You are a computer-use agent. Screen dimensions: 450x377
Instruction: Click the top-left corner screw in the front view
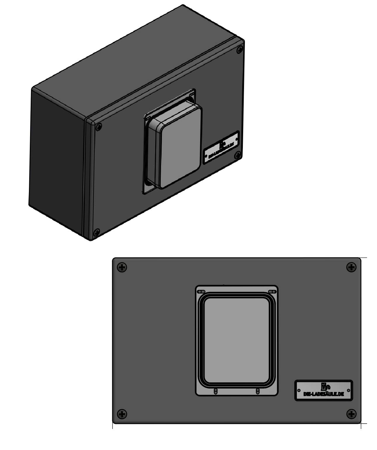click(x=122, y=267)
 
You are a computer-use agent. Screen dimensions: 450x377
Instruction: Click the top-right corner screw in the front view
click(x=351, y=267)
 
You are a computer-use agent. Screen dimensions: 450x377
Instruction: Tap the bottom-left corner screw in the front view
click(x=122, y=414)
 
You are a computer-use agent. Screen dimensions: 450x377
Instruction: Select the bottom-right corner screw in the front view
click(x=351, y=414)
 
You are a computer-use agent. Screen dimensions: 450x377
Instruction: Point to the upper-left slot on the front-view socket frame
click(x=201, y=292)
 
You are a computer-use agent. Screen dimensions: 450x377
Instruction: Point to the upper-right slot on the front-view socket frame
click(x=272, y=292)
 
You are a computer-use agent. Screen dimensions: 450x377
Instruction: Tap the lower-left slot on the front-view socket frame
click(x=216, y=391)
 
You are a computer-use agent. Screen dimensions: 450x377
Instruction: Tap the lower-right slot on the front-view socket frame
click(x=257, y=391)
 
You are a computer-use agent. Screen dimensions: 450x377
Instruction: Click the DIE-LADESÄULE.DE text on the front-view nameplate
click(x=324, y=394)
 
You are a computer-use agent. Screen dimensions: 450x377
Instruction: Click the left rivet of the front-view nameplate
click(x=299, y=391)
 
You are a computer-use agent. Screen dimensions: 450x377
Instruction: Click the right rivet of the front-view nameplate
click(x=349, y=391)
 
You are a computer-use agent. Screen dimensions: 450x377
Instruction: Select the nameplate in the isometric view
click(x=221, y=147)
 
